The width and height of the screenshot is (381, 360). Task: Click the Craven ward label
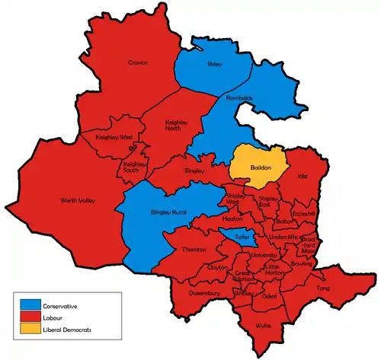pos(138,62)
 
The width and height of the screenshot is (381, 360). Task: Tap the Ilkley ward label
pos(214,64)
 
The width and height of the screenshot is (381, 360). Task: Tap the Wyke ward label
pos(264,325)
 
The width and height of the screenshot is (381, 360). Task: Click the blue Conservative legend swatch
pos(31,306)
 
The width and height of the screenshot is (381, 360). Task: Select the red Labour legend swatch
pos(31,318)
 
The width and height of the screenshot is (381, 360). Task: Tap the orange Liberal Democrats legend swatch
pos(31,330)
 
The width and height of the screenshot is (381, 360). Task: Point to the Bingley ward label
pos(194,170)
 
